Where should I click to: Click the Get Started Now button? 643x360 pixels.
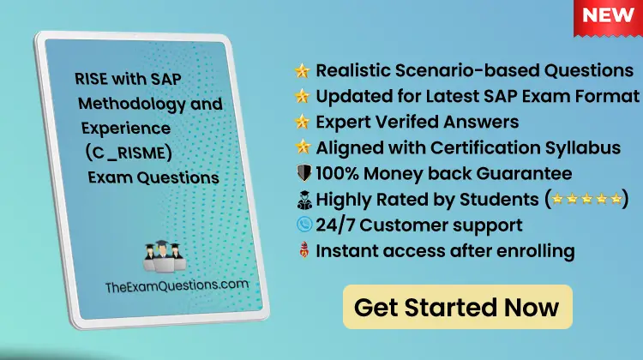(x=457, y=307)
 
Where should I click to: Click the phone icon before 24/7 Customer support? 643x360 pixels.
(x=302, y=226)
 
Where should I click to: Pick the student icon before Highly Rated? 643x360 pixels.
(x=302, y=200)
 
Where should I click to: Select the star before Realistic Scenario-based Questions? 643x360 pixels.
(x=302, y=70)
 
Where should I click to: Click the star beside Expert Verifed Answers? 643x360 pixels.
(x=302, y=122)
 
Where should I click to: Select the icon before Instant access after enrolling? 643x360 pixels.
(x=302, y=251)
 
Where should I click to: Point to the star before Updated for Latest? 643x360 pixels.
(x=302, y=96)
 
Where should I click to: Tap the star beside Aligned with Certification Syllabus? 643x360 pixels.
(x=302, y=147)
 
